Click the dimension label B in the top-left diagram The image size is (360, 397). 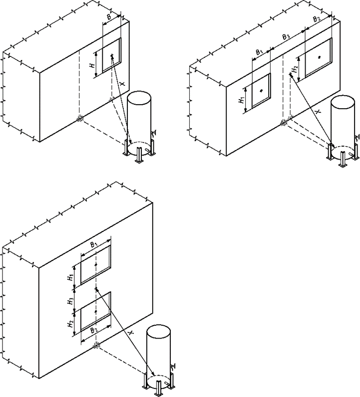pos(109,17)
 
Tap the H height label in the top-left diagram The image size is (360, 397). pos(92,65)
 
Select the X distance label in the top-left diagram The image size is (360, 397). pos(122,84)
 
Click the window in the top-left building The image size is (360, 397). pos(111,55)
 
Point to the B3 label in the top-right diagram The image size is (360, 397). pos(286,37)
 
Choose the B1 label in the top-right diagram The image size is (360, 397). pos(259,52)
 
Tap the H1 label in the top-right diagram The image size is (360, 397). pos(241,100)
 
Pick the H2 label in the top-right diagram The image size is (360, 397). pos(294,69)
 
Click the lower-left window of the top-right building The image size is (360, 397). pos(261,91)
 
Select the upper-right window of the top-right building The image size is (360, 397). pos(319,57)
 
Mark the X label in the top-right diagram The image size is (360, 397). pos(319,111)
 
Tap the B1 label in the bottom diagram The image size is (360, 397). pos(94,244)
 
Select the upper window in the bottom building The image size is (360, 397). pos(96,264)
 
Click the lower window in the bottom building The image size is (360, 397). pos(96,311)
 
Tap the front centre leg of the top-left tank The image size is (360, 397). pos(139,155)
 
